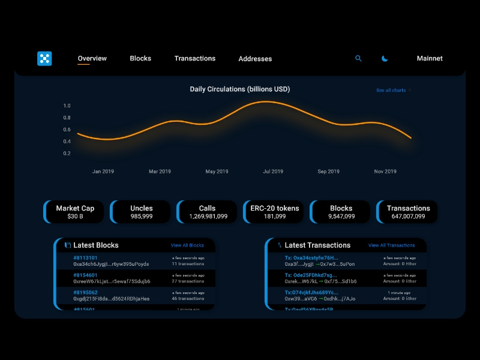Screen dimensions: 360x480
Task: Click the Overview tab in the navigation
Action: [92, 58]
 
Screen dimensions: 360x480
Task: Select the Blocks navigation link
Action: [140, 58]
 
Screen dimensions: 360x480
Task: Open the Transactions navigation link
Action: [195, 58]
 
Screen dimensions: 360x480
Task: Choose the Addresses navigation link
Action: [255, 59]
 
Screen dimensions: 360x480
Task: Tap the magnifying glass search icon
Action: [359, 58]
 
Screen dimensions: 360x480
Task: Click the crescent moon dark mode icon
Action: [385, 58]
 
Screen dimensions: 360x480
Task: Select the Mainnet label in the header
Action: [430, 58]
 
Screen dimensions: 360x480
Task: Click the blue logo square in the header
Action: [44, 58]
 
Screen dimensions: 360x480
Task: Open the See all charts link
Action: [391, 90]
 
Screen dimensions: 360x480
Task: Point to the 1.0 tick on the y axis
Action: [67, 106]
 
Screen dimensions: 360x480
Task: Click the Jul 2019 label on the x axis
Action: [273, 172]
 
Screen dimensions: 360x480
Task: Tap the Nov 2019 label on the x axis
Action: [385, 172]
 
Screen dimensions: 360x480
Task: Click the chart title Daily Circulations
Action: [240, 89]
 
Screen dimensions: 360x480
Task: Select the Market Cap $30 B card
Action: [76, 212]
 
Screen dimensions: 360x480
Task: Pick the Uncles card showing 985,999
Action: [142, 212]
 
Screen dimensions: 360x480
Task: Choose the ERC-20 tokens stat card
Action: [275, 212]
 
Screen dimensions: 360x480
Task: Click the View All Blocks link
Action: [187, 245]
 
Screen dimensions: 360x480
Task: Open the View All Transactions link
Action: [391, 245]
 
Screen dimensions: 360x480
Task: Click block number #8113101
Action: [86, 257]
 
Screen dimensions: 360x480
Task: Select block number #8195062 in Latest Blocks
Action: [86, 292]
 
